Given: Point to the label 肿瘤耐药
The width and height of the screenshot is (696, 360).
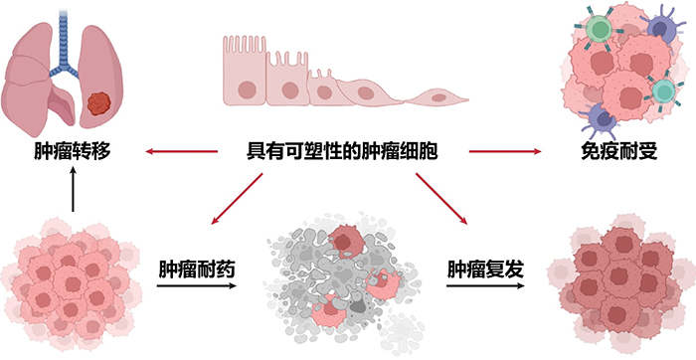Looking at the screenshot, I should click(x=197, y=270).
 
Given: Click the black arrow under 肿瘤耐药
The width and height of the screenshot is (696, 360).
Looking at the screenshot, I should click(x=197, y=287).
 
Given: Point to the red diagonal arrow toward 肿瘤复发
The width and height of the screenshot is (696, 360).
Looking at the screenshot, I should click(x=443, y=198).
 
